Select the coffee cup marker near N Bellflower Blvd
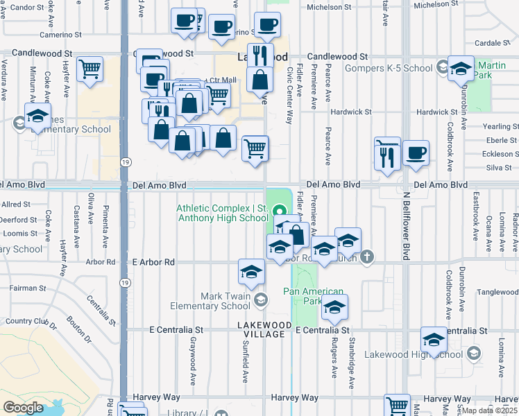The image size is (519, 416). [x=416, y=154]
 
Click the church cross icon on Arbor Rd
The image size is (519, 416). [x=367, y=258]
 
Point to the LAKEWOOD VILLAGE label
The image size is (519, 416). [x=261, y=329]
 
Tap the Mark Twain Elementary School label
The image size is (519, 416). [x=225, y=301]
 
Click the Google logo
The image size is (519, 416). [x=23, y=407]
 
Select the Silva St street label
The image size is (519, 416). [x=499, y=167]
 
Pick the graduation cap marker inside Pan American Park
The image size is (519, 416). [x=334, y=307]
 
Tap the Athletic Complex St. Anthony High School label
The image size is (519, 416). [x=222, y=213]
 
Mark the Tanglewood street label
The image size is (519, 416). [x=497, y=292]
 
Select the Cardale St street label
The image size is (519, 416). [x=497, y=43]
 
